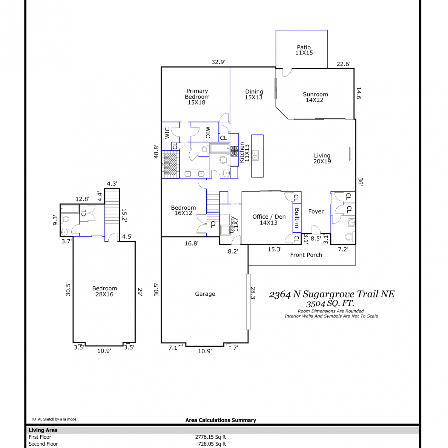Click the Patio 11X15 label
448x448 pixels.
pos(304,50)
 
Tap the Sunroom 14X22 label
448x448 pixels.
pos(315,97)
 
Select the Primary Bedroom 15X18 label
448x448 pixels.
pos(197,96)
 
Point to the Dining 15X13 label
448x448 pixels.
pos(254,94)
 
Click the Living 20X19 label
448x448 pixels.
pos(322,158)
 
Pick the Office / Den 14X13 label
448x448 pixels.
pos(269,220)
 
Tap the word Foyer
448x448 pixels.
pos(316,211)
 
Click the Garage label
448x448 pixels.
pos(205,294)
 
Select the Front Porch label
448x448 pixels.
pos(306,255)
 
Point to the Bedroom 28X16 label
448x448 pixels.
pos(105,291)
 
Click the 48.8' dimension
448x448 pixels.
pos(156,152)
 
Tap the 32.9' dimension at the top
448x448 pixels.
pos(218,62)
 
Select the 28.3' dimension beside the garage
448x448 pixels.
pos(253,294)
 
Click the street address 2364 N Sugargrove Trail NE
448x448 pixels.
pos(332,294)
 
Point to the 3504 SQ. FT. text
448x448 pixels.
pos(330,304)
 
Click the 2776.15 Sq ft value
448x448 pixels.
pos(210,437)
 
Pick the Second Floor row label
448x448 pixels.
pos(43,444)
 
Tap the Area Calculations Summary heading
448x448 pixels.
pos(221,420)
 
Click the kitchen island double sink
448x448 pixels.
pos(255,155)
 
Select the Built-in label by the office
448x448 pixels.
pos(297,218)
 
